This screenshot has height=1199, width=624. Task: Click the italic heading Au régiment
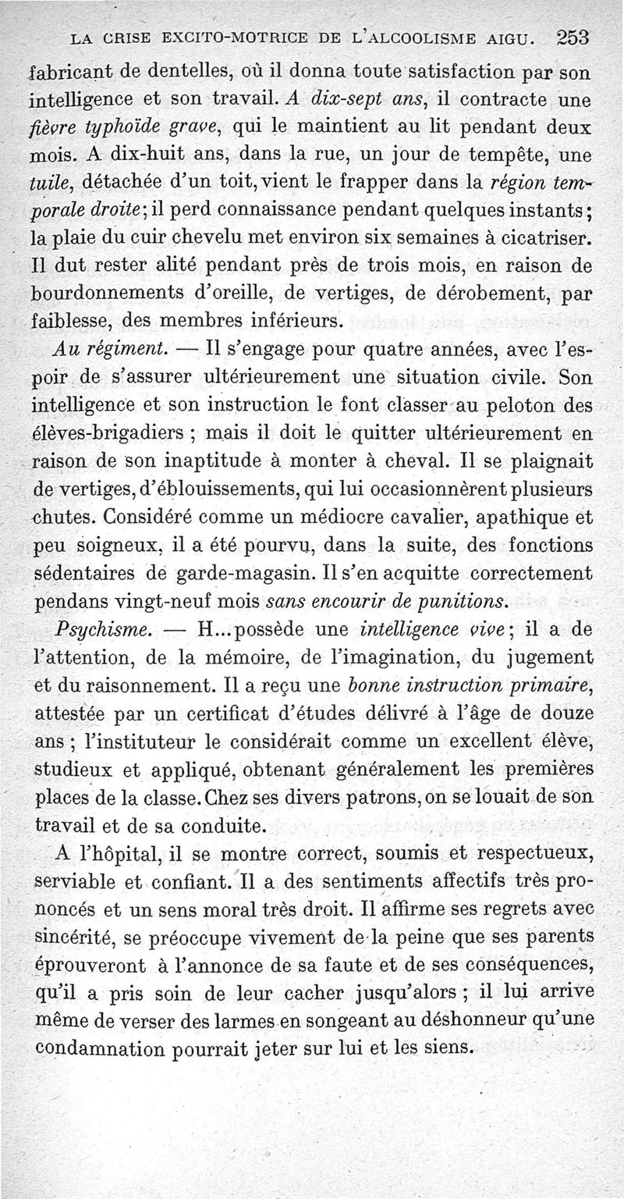[108, 347]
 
